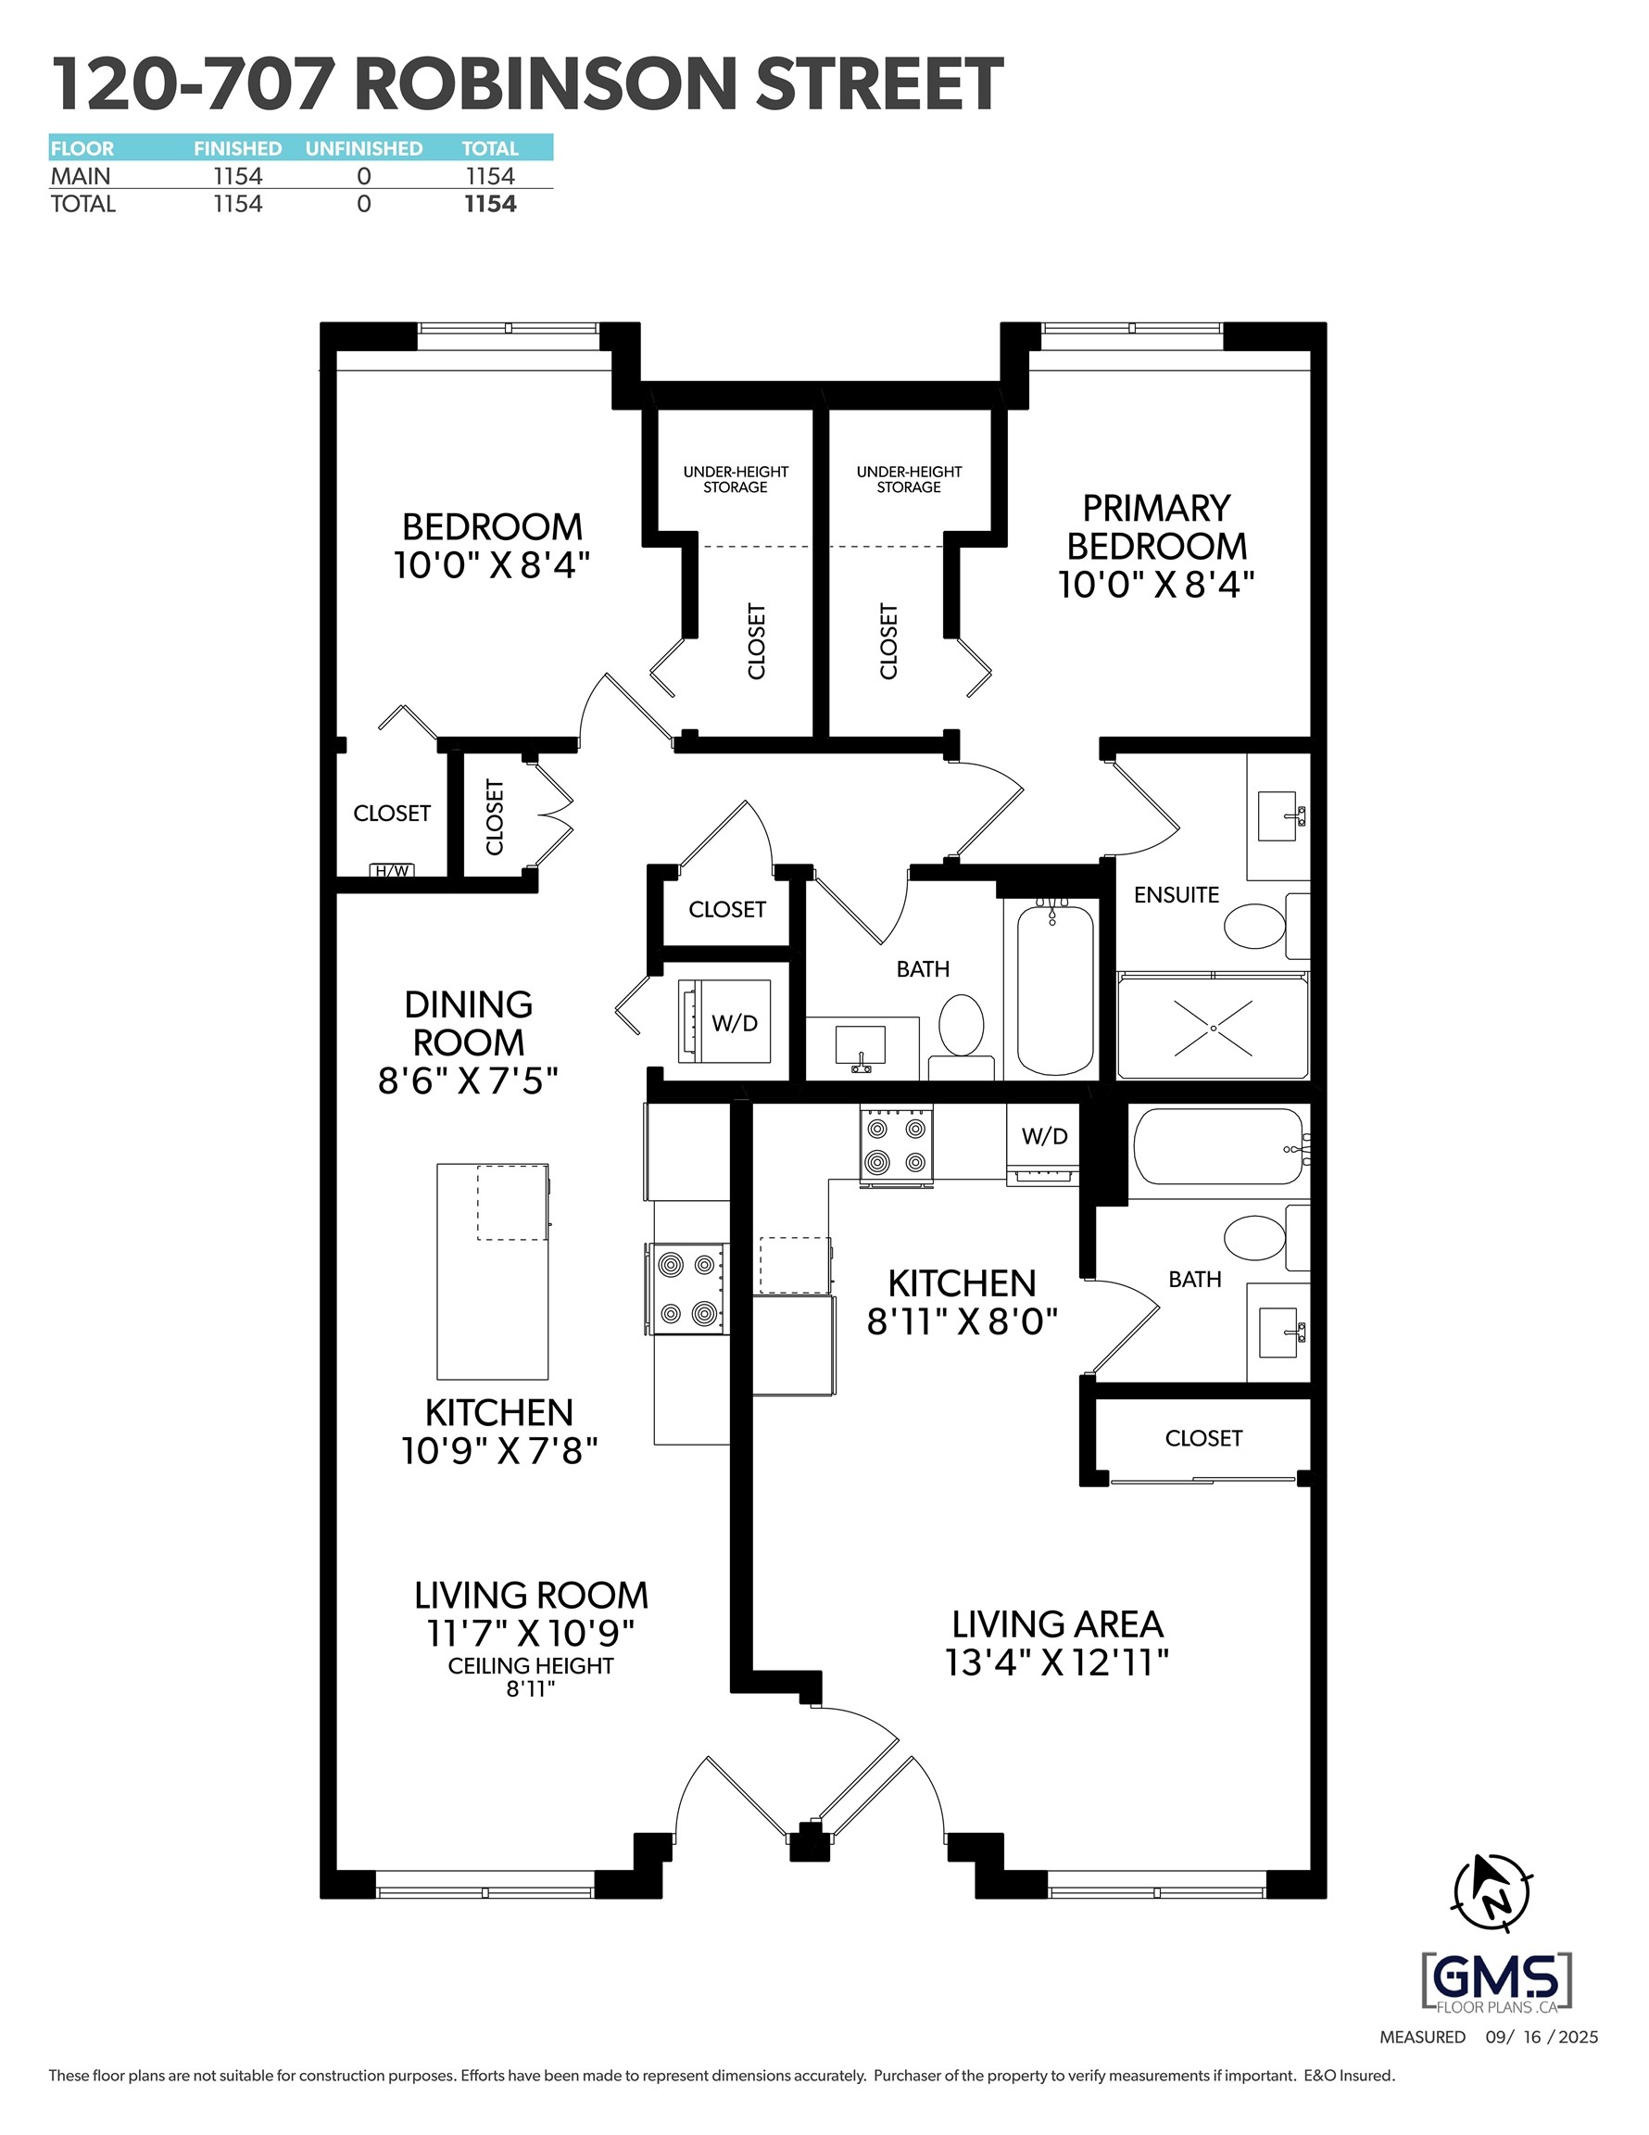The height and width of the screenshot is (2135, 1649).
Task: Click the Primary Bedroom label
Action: tap(1156, 527)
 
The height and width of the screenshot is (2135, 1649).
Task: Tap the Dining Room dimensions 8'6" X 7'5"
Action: tap(468, 1081)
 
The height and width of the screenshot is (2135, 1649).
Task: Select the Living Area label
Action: tap(1058, 1624)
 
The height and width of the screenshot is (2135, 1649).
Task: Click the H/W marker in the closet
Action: tap(392, 870)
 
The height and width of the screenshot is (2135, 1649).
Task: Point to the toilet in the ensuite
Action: tap(1255, 926)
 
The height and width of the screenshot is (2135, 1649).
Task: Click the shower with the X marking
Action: tap(1212, 1028)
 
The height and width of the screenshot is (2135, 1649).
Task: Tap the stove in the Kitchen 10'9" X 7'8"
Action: tap(686, 1289)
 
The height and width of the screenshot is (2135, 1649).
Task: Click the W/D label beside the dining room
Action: tap(734, 1022)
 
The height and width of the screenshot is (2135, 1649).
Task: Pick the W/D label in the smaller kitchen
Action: tap(1045, 1136)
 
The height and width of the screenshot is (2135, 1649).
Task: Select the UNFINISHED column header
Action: tap(364, 148)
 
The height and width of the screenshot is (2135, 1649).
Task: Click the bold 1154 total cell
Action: tap(490, 203)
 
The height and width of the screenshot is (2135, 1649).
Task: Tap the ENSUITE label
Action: tap(1176, 894)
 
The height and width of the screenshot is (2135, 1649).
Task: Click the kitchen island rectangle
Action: tap(493, 1270)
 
